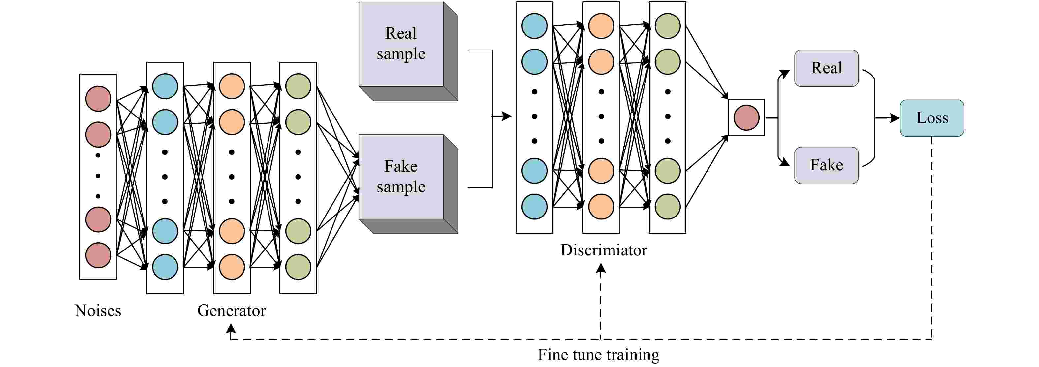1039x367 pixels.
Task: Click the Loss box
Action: [932, 118]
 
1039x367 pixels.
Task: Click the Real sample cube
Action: [408, 51]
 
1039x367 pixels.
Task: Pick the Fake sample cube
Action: [408, 184]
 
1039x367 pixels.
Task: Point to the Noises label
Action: [98, 311]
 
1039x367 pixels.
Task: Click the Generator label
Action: [232, 311]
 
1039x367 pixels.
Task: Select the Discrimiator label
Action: [603, 250]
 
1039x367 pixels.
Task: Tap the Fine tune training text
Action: [599, 355]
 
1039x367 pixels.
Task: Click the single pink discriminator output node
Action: [746, 117]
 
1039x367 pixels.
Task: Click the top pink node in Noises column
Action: [98, 98]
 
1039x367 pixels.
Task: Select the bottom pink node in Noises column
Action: [98, 255]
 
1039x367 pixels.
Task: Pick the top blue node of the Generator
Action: [165, 86]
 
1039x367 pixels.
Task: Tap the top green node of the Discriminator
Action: [668, 26]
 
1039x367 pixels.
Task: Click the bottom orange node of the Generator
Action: [232, 267]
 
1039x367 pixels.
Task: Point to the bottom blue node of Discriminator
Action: [534, 207]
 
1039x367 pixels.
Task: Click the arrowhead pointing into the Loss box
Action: [895, 118]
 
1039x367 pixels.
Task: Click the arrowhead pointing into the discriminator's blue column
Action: [507, 116]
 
